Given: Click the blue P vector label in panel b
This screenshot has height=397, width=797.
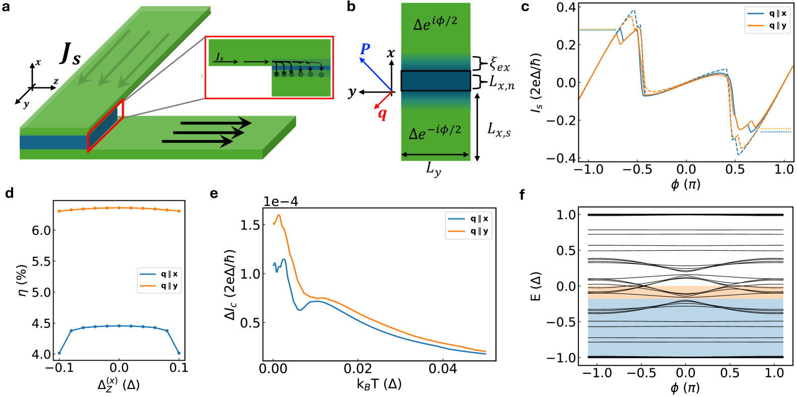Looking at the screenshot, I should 365,49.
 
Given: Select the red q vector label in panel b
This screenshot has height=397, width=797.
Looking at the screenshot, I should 383,114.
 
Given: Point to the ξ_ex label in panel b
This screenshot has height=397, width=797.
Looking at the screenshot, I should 499,64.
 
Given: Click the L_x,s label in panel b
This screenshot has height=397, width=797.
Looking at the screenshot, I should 499,130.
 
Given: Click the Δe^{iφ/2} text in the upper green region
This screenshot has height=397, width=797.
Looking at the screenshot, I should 435,23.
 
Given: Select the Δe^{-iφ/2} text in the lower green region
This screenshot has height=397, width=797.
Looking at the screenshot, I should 435,132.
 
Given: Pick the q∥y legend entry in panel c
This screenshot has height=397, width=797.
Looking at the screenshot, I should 767,26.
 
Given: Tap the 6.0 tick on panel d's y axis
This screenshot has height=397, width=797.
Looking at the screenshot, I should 42,231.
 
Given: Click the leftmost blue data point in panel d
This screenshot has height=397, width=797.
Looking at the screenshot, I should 59,353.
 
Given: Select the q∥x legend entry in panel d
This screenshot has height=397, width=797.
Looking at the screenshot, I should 158,274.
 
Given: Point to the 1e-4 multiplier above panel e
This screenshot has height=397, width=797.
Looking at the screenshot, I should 281,202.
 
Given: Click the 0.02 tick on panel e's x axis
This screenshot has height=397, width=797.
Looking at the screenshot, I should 358,369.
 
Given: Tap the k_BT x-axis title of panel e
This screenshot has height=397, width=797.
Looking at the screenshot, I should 379,384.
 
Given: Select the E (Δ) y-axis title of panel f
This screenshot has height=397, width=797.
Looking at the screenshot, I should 536,286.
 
